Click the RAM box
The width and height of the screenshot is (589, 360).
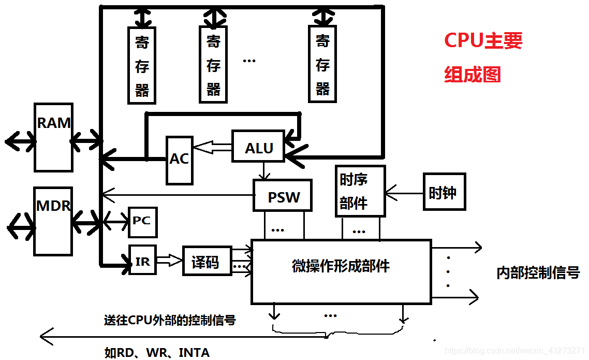[x=53, y=137]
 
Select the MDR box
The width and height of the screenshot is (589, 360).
[x=53, y=221]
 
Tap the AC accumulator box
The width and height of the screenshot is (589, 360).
[x=179, y=160]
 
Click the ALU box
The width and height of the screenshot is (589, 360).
[x=258, y=148]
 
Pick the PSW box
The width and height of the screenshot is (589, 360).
[x=283, y=196]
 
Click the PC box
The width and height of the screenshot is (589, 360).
[x=141, y=222]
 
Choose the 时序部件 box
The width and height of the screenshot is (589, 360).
[x=360, y=191]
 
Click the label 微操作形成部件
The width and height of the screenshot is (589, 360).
[x=341, y=266]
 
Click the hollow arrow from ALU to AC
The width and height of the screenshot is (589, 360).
[x=212, y=148]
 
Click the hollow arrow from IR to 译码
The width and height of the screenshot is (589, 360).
[x=170, y=261]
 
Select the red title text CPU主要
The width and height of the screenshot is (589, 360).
[x=483, y=40]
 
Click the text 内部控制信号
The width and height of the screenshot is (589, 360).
[x=538, y=273]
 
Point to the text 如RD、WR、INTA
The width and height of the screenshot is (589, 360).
[x=157, y=353]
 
